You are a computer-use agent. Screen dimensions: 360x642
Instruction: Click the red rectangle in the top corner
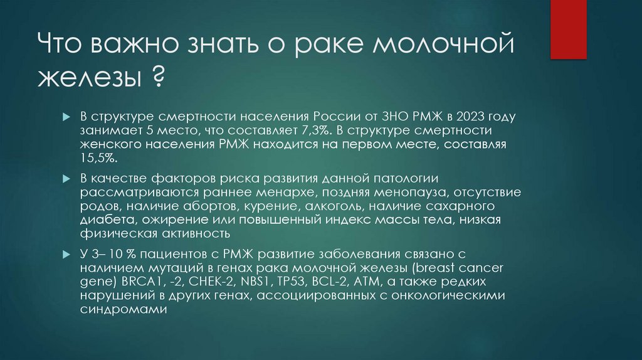(x=577, y=29)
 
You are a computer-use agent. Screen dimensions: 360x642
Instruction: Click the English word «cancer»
(x=487, y=268)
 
